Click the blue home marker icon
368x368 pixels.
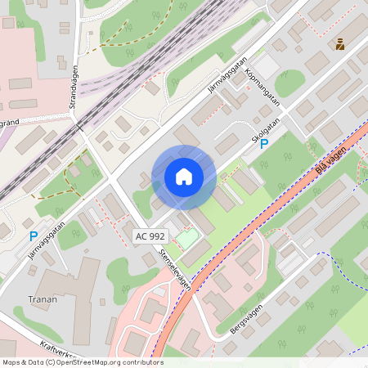(x=184, y=176)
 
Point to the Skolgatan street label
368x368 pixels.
(x=267, y=131)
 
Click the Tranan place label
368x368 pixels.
(x=43, y=299)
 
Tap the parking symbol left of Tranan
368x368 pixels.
(x=34, y=236)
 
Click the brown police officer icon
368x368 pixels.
(x=339, y=43)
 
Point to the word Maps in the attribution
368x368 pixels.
(x=12, y=362)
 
